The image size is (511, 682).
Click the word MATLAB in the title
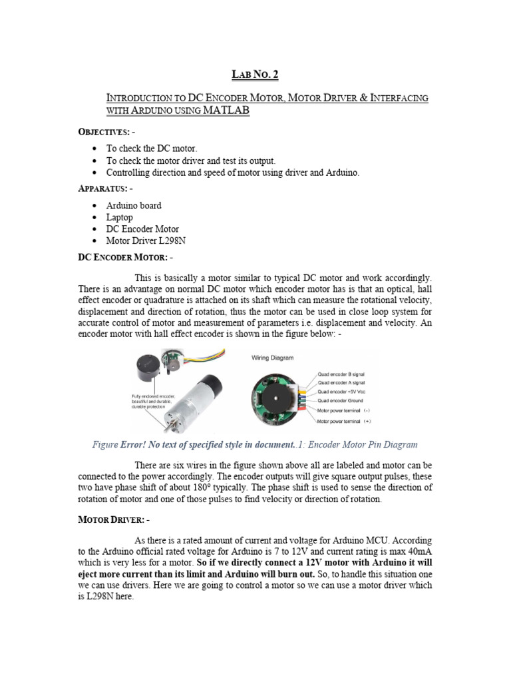click(222, 111)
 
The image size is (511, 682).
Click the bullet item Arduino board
click(134, 206)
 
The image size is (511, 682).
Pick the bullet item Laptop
click(120, 217)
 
